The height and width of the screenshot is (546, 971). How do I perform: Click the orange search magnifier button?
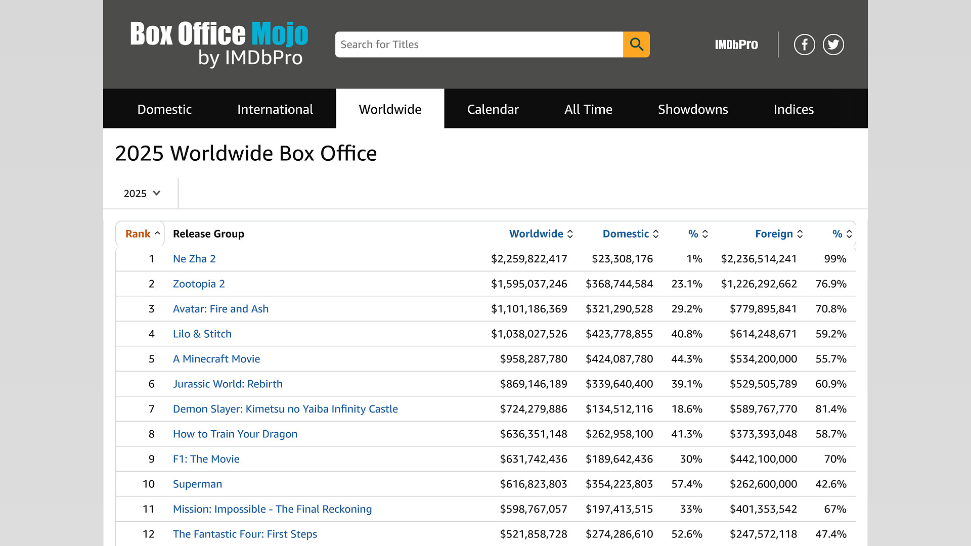point(637,44)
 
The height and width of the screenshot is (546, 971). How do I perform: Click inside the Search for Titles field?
point(479,44)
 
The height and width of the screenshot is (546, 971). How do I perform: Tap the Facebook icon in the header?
point(804,44)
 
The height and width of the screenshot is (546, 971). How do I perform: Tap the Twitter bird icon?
point(833,44)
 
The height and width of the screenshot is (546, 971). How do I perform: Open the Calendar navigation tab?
point(493,109)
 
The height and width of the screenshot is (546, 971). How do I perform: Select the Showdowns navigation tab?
point(693,109)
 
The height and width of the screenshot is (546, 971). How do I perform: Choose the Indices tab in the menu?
point(793,109)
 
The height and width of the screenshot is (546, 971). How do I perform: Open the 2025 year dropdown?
point(142,194)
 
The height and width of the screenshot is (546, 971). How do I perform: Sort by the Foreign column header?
point(779,234)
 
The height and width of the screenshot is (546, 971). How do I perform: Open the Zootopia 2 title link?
point(199,284)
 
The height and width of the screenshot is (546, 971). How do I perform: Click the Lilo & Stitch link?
point(202,334)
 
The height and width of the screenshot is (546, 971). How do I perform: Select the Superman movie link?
point(197,484)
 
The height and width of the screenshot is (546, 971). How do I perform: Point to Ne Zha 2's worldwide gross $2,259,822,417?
point(529,259)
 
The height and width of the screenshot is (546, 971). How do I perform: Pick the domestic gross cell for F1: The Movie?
point(619,459)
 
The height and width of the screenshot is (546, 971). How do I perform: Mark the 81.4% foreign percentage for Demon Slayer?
point(831,409)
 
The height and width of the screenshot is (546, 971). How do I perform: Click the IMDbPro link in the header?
point(736,44)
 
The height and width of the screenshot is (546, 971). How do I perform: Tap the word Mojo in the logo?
point(280,34)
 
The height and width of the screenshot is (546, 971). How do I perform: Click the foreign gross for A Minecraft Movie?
point(763,359)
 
